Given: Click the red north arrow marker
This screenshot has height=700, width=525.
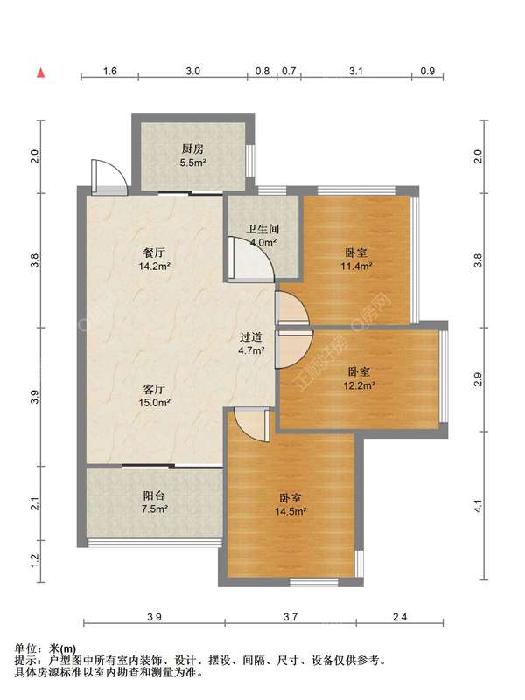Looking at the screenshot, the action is tap(40, 73).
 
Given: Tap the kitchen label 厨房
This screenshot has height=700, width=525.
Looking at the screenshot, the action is tap(192, 149).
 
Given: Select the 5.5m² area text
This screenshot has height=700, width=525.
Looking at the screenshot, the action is tap(193, 163).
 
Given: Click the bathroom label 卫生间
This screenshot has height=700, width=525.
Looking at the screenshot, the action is tap(262, 230).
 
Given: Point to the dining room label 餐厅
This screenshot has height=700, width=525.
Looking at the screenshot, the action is tap(154, 253).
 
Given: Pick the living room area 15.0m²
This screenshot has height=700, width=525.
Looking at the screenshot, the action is tap(154, 403).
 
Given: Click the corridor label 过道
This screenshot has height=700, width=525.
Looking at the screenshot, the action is tap(250, 337).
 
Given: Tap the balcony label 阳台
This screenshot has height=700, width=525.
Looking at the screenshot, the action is tap(154, 496).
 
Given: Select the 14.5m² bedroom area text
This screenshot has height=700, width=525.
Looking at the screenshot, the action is tap(290, 511).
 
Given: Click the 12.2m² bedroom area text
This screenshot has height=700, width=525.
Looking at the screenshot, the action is tap(359, 385).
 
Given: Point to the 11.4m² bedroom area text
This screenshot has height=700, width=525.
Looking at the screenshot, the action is tap(356, 266).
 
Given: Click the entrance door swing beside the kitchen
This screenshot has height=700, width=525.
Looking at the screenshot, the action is tap(109, 177).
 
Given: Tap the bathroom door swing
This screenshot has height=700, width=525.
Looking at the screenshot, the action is tap(250, 260).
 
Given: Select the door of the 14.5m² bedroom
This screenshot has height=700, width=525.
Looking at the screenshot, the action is tap(252, 425).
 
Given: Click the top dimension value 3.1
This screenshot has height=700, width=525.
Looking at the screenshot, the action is tap(356, 71).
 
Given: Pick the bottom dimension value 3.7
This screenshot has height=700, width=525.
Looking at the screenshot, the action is tap(290, 617).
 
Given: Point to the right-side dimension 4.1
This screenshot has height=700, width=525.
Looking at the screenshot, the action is tap(478, 506).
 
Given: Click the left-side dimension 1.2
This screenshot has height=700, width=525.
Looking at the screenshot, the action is tap(35, 561).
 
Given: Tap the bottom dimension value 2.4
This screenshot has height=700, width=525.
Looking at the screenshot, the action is tap(400, 617).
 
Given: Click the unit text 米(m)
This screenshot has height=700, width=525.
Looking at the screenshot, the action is tap(62, 648).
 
